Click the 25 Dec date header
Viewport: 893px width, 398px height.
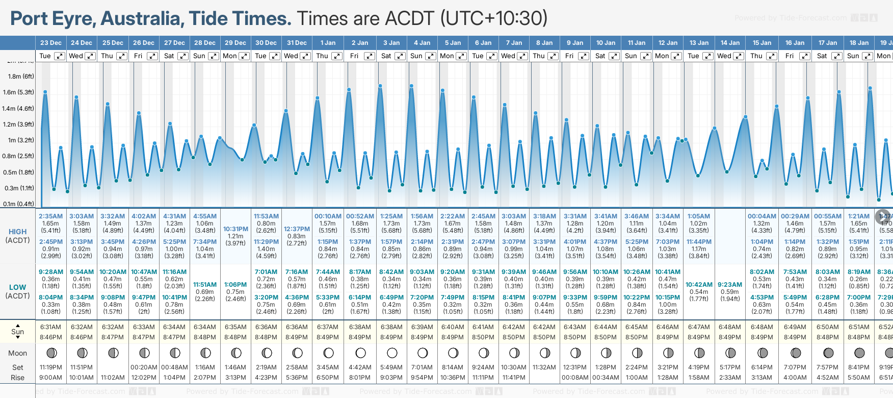coord(113,43)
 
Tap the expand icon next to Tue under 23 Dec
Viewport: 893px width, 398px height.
coord(60,56)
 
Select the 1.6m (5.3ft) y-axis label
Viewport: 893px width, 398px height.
coord(18,92)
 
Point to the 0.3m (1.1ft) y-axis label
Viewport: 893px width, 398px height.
coord(19,188)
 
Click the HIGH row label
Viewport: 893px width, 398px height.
coord(18,232)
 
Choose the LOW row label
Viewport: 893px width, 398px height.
coord(18,287)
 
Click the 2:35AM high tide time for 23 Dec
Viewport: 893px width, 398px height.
coord(50,216)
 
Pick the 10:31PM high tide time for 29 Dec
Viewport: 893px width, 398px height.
coord(235,229)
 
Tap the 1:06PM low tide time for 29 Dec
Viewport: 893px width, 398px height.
coord(235,285)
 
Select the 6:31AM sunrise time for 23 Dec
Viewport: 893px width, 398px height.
coord(50,327)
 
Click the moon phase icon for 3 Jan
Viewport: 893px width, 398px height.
coord(392,353)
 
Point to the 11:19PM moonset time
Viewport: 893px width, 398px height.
coord(50,367)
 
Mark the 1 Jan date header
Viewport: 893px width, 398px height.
coord(328,43)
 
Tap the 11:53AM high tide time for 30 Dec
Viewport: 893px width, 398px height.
coord(266,216)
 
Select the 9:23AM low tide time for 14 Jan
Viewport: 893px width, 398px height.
coord(730,285)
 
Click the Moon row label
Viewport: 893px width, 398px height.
coord(18,353)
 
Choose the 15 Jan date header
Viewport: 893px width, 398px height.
coord(762,43)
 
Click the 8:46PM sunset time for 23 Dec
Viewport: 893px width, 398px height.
coord(50,337)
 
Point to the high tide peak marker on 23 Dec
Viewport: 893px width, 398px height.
coord(45,92)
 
